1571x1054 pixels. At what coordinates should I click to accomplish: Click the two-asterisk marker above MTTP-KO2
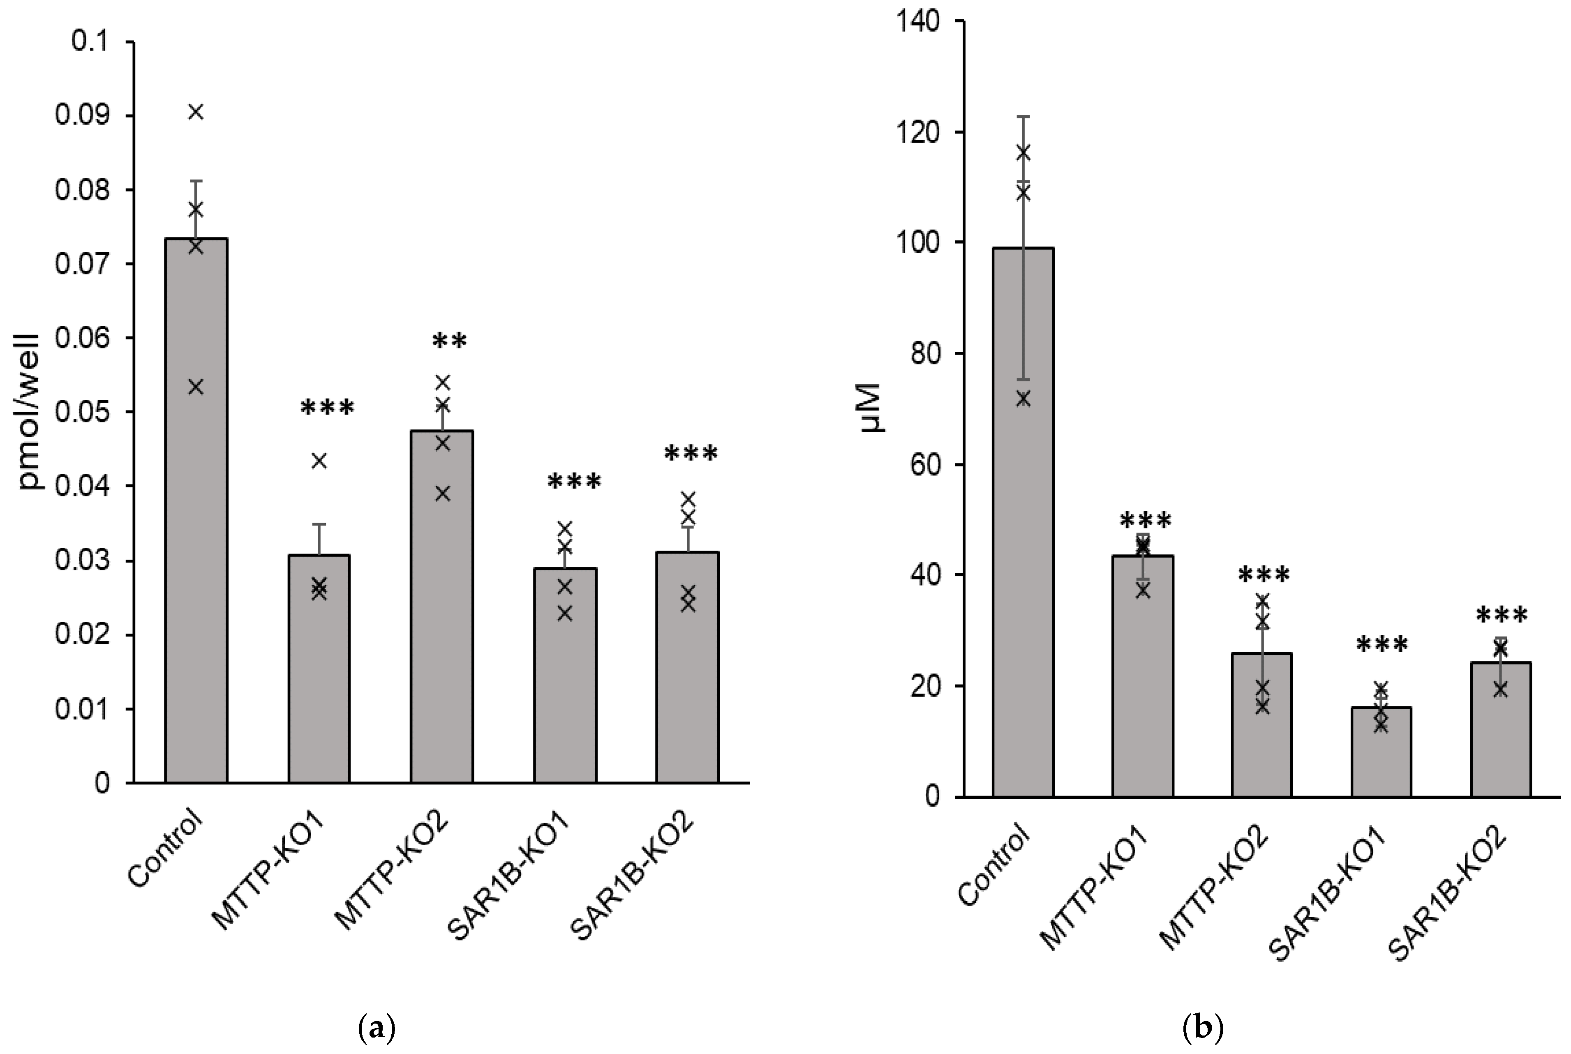pyautogui.click(x=449, y=341)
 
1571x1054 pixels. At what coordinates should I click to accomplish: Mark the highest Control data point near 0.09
pyautogui.click(x=196, y=112)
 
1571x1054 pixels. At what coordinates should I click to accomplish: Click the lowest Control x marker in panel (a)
pyautogui.click(x=196, y=387)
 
